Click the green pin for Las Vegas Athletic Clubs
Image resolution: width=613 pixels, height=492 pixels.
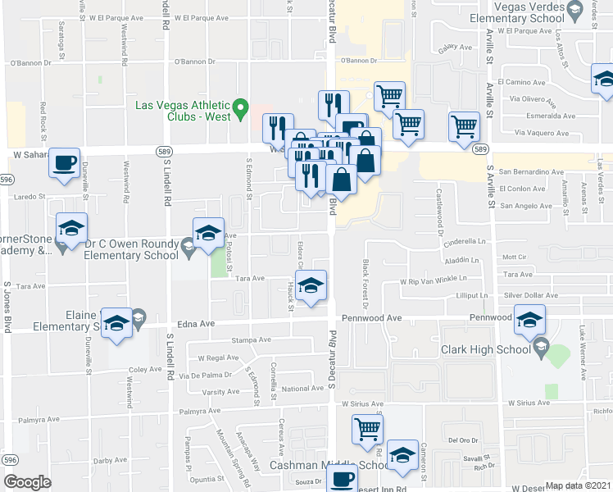click(x=241, y=107)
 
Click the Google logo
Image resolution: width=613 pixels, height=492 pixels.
click(x=27, y=481)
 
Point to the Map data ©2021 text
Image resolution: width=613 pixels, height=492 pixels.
click(x=579, y=485)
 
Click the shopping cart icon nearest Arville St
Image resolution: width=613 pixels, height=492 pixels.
click(x=464, y=126)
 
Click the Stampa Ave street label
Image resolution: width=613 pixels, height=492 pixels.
click(x=251, y=339)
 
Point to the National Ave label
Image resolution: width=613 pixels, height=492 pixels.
click(x=302, y=389)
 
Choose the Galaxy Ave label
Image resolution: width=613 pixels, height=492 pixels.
click(x=456, y=48)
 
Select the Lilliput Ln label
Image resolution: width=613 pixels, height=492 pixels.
click(x=472, y=295)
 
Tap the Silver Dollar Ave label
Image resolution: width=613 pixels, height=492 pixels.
click(x=531, y=295)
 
